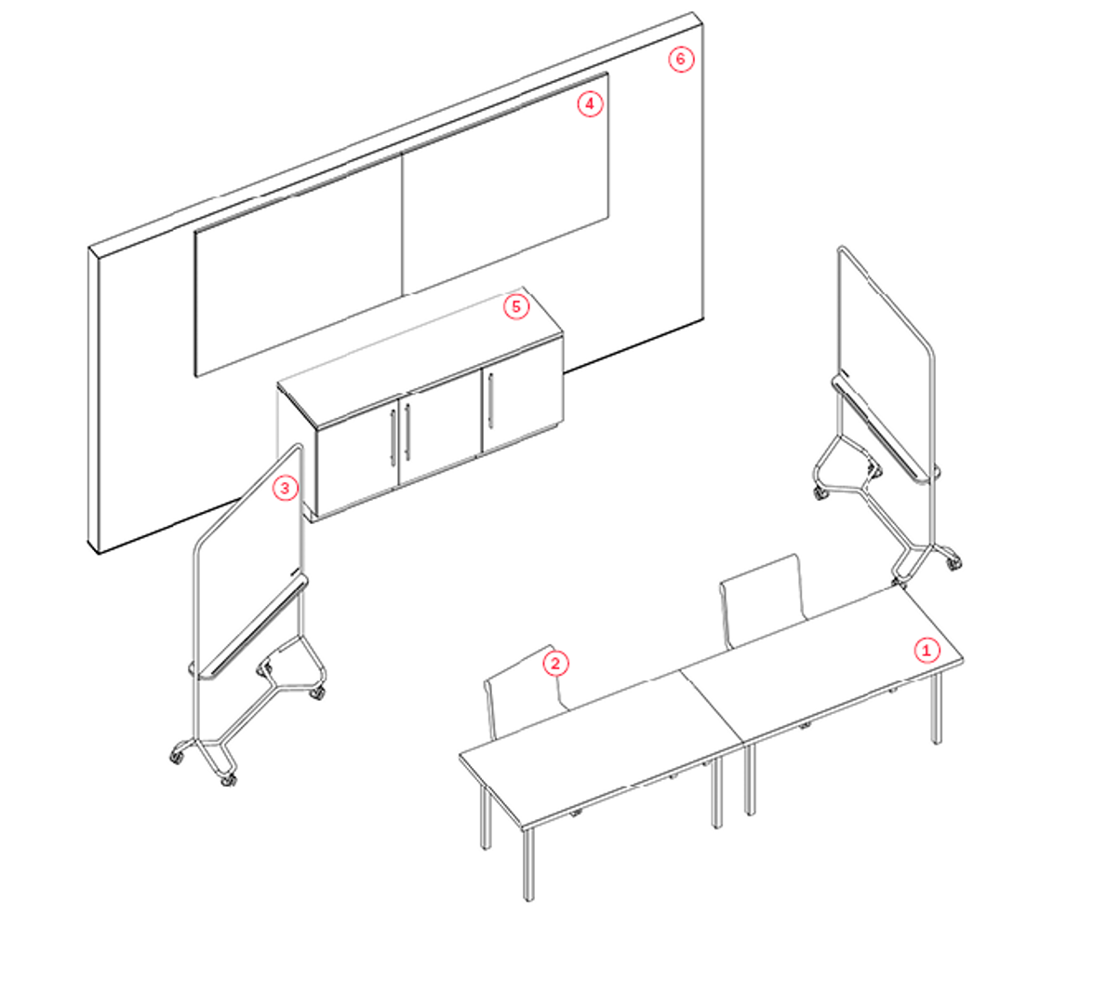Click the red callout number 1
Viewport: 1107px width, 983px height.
coord(925,650)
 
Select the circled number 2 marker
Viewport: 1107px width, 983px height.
coord(555,663)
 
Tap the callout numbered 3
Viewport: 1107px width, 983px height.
coord(286,487)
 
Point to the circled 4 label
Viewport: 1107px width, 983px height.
coord(590,103)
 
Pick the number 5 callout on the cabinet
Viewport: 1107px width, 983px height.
coord(516,306)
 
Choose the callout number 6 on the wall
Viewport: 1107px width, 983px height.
coord(681,60)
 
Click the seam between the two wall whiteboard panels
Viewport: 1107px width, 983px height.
coord(402,223)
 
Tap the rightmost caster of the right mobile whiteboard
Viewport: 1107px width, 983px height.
coord(954,562)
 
